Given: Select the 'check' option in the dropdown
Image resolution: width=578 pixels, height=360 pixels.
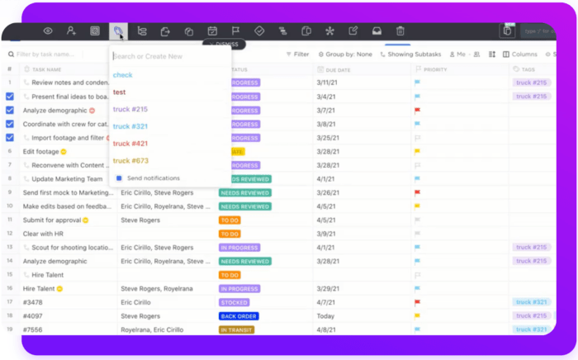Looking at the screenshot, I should tap(122, 75).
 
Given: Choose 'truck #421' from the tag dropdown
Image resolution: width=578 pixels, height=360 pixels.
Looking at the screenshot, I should tap(130, 144).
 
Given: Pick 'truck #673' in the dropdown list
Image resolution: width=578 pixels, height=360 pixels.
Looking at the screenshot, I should tap(130, 161).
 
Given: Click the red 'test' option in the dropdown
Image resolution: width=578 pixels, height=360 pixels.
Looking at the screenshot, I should tap(120, 92).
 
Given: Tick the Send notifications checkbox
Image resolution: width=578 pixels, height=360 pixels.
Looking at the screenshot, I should tap(119, 178).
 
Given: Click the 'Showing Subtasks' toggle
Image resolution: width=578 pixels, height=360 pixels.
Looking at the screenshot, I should tap(410, 54).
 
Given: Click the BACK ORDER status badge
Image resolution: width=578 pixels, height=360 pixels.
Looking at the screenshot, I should tap(239, 315).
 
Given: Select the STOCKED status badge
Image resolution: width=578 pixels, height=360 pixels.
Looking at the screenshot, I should tap(235, 302).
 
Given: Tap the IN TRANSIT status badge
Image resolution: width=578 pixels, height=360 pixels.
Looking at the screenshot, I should tap(236, 329).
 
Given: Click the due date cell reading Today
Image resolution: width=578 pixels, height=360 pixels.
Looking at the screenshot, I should tap(325, 315).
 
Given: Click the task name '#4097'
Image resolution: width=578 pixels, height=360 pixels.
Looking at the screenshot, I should tap(35, 315).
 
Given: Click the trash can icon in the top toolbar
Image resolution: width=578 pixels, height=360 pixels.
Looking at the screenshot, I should tap(400, 31).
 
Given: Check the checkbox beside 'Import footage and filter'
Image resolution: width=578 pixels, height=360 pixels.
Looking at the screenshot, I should tap(10, 138).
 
